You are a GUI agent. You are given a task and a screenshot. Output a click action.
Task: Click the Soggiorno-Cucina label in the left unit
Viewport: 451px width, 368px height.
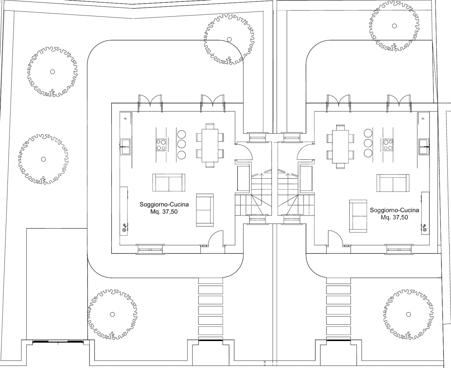pyautogui.click(x=164, y=204)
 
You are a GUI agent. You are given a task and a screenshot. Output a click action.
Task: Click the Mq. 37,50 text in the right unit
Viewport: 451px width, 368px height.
pyautogui.click(x=394, y=217)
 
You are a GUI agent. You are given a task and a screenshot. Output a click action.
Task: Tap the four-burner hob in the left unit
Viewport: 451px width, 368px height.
pyautogui.click(x=161, y=145)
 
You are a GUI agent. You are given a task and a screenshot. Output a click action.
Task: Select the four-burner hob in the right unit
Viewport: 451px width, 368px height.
pyautogui.click(x=388, y=145)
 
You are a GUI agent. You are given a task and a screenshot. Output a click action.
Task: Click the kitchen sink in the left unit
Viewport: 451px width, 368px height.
pyautogui.click(x=126, y=146)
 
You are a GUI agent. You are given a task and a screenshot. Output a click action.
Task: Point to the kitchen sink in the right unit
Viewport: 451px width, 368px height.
pyautogui.click(x=424, y=146)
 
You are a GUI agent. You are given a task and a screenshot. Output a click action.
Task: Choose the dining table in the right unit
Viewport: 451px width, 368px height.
pyautogui.click(x=340, y=146)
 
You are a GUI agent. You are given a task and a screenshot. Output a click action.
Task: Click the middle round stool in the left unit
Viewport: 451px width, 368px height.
pyautogui.click(x=182, y=144)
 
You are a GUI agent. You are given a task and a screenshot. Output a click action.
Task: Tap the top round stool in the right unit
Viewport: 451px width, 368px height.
pyautogui.click(x=368, y=133)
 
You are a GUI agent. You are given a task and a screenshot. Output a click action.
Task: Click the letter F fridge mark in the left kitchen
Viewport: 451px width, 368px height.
pyautogui.click(x=126, y=118)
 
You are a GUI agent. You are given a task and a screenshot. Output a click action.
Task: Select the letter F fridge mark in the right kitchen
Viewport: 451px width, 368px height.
pyautogui.click(x=423, y=118)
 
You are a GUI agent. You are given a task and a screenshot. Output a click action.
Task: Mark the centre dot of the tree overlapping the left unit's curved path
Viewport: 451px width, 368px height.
pyautogui.click(x=229, y=39)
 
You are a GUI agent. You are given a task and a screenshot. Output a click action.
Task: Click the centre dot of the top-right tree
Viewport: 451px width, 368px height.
pyautogui.click(x=394, y=26)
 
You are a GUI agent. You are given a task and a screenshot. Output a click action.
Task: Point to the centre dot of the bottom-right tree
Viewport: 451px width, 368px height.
pyautogui.click(x=408, y=314)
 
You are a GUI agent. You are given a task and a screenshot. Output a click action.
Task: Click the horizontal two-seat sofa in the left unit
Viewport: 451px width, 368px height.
pyautogui.click(x=169, y=182)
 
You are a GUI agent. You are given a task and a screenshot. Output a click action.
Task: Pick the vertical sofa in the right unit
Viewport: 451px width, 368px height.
pyautogui.click(x=358, y=216)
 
